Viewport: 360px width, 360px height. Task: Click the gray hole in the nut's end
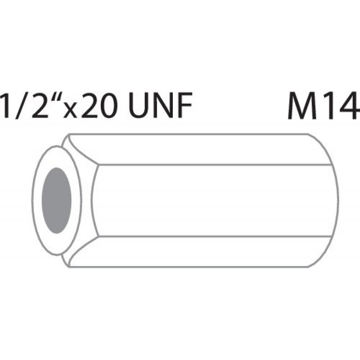coord(57,200)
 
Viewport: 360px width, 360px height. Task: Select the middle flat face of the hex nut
coord(213,200)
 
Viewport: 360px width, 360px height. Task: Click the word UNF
coord(160,105)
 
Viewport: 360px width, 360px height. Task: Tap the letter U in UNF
coord(139,106)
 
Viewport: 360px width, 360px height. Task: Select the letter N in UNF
coord(164,105)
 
